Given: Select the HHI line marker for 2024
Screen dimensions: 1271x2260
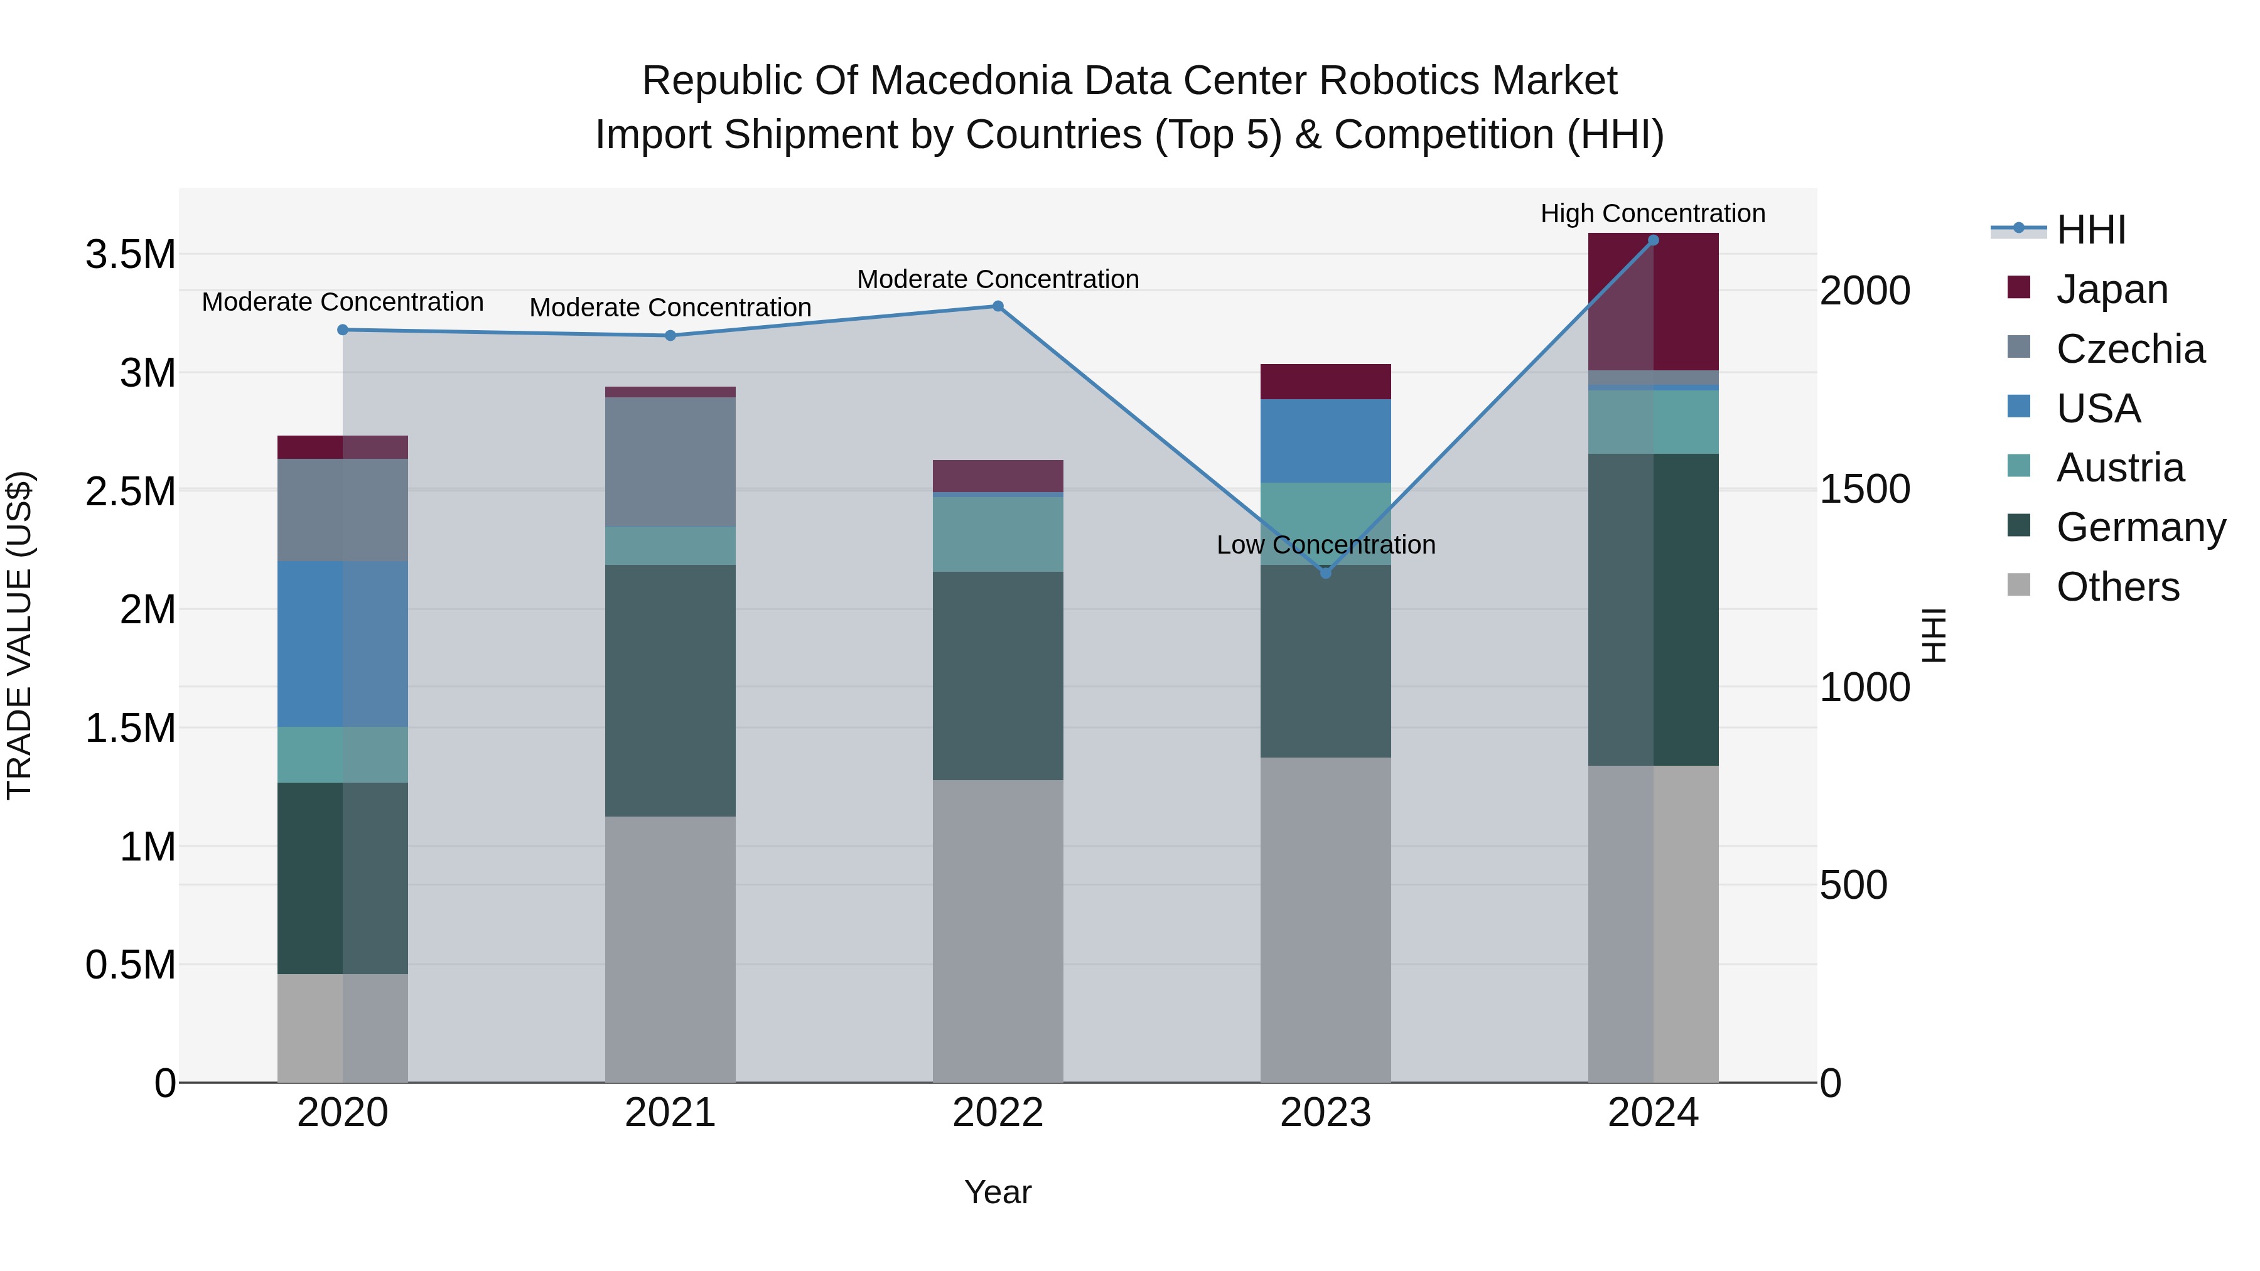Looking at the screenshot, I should tap(1653, 240).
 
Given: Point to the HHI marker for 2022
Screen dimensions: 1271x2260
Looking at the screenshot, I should tap(998, 306).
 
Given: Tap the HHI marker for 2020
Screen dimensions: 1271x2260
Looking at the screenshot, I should tap(343, 330).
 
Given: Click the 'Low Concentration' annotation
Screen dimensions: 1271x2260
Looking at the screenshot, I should tap(1326, 545).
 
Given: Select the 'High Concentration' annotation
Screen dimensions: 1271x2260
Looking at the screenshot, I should tap(1653, 213).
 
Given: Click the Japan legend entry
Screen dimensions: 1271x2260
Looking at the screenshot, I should tap(2111, 289).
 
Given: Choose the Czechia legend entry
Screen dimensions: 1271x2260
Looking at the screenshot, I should tap(2129, 349).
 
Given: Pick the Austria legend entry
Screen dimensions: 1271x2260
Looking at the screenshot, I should tap(2119, 468).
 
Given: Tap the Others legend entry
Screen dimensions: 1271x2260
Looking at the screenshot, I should tap(2117, 587).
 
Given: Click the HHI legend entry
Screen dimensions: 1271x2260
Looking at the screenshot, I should tap(2090, 230).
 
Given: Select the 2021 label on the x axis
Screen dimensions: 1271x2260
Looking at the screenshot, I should tap(670, 1113).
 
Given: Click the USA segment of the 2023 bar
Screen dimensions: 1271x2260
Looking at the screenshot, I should tap(1326, 441).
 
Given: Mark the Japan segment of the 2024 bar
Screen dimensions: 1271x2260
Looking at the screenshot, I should tap(1653, 302).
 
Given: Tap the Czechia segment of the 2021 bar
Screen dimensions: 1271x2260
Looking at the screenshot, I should tap(670, 461).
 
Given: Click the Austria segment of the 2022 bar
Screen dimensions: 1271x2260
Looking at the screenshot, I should tap(998, 534).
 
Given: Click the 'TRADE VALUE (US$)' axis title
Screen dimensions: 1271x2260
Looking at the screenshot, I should tap(19, 635).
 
